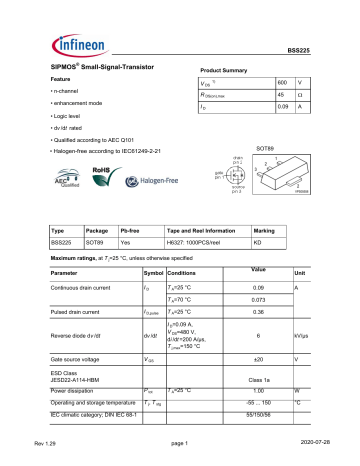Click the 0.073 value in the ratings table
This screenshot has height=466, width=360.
pos(257,300)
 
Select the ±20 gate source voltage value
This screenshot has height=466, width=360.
pos(257,358)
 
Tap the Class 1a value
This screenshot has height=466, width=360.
pos(257,380)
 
